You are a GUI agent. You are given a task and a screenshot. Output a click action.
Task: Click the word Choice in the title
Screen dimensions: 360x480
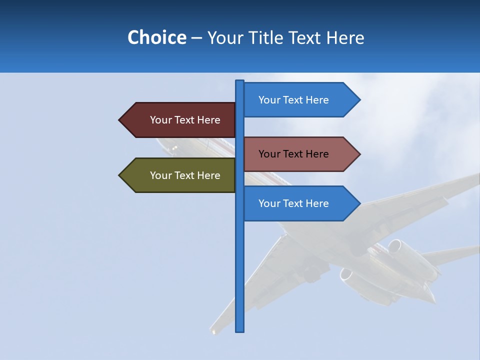click(156, 37)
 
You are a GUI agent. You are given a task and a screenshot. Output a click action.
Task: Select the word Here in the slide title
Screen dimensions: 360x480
click(345, 37)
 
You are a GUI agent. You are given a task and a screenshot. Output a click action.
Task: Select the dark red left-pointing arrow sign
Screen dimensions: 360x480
click(180, 120)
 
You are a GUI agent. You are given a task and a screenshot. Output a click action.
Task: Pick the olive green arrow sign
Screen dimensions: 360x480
click(180, 175)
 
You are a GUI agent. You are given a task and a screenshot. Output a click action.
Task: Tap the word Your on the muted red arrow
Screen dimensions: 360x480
click(268, 154)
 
